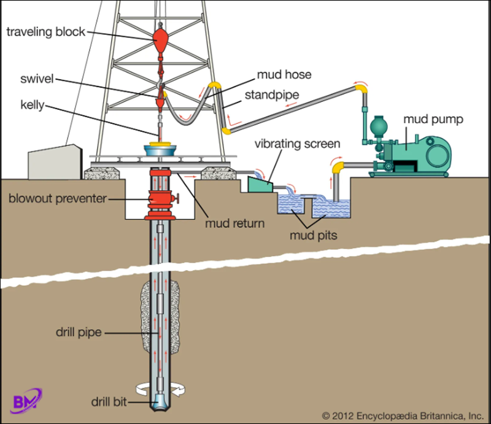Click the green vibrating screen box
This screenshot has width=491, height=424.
coord(258,183)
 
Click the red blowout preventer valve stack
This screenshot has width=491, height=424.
coord(161,201)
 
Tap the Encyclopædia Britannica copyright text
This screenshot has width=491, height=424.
coord(402,414)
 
